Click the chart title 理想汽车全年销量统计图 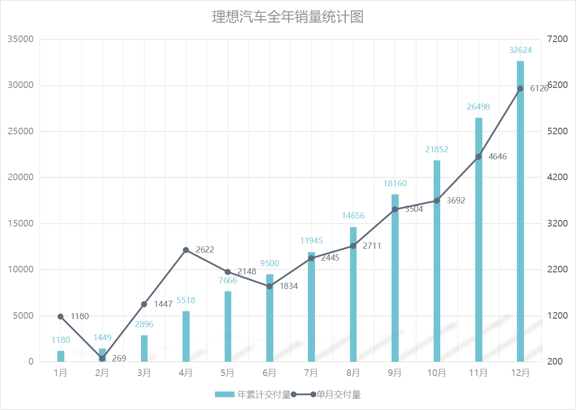coord(288,17)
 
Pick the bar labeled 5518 coord(186,336)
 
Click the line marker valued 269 coord(102,358)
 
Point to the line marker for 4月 coord(186,250)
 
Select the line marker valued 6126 coord(520,88)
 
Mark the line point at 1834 coord(270,286)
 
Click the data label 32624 coord(520,50)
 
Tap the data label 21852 coord(436,149)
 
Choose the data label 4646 coord(497,157)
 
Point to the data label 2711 coord(372,246)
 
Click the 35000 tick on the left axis coord(21,39)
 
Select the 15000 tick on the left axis coord(21,223)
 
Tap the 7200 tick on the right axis coord(557,39)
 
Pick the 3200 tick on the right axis coord(557,223)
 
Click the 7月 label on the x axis coord(311,373)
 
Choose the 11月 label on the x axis coord(478,373)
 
